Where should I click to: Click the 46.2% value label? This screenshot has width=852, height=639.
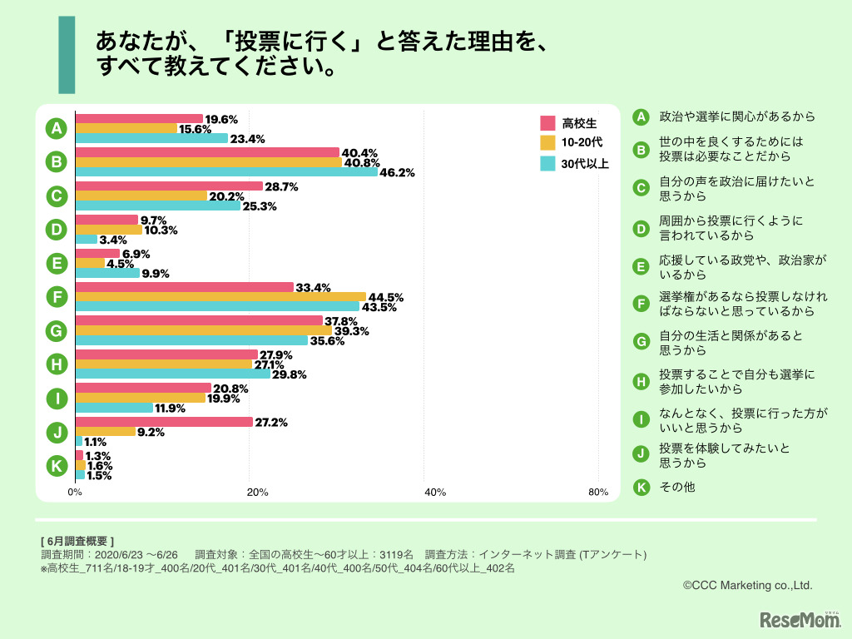point(397,173)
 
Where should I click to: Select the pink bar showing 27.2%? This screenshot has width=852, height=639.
point(164,422)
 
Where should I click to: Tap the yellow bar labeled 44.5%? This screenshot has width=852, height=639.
point(220,296)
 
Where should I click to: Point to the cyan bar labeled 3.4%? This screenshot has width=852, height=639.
point(87,240)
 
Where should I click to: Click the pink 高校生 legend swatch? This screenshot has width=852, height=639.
point(547,123)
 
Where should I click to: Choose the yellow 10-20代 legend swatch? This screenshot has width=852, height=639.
point(547,143)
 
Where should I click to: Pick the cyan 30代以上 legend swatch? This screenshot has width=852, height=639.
point(547,163)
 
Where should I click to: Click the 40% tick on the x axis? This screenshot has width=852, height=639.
point(434,493)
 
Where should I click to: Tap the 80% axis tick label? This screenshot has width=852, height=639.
point(598,493)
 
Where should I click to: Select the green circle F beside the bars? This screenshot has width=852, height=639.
point(56,297)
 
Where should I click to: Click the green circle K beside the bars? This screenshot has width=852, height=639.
point(56,466)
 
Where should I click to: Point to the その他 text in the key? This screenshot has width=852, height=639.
point(676,487)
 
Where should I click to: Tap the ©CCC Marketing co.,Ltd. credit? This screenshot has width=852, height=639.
point(747,586)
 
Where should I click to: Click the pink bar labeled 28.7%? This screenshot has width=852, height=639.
point(169,186)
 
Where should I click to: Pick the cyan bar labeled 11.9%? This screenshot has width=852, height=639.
point(114,408)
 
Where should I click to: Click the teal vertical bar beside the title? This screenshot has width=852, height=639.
point(67,54)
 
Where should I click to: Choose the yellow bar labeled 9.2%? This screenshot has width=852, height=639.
point(106,432)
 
